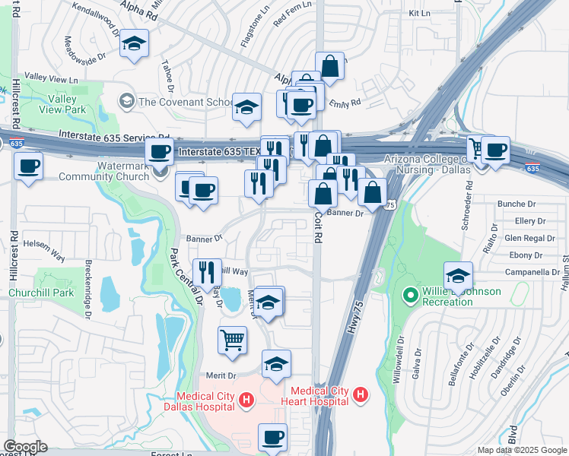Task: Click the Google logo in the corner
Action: tap(26, 446)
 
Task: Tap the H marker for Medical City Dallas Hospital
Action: tap(246, 399)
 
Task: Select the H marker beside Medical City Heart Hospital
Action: tap(361, 395)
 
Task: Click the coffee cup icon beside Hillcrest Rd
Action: tap(29, 165)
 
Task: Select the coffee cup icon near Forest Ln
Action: tap(272, 437)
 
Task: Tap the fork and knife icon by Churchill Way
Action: tap(207, 272)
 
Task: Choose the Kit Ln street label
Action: tap(419, 14)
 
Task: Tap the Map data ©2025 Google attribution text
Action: tap(521, 450)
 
